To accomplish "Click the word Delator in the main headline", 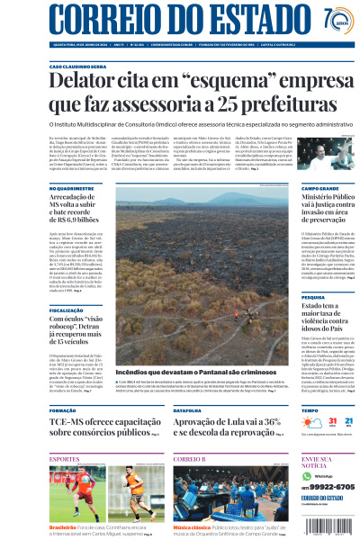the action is pyautogui.click(x=88, y=83).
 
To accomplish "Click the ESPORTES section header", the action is pyautogui.click(x=65, y=459).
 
